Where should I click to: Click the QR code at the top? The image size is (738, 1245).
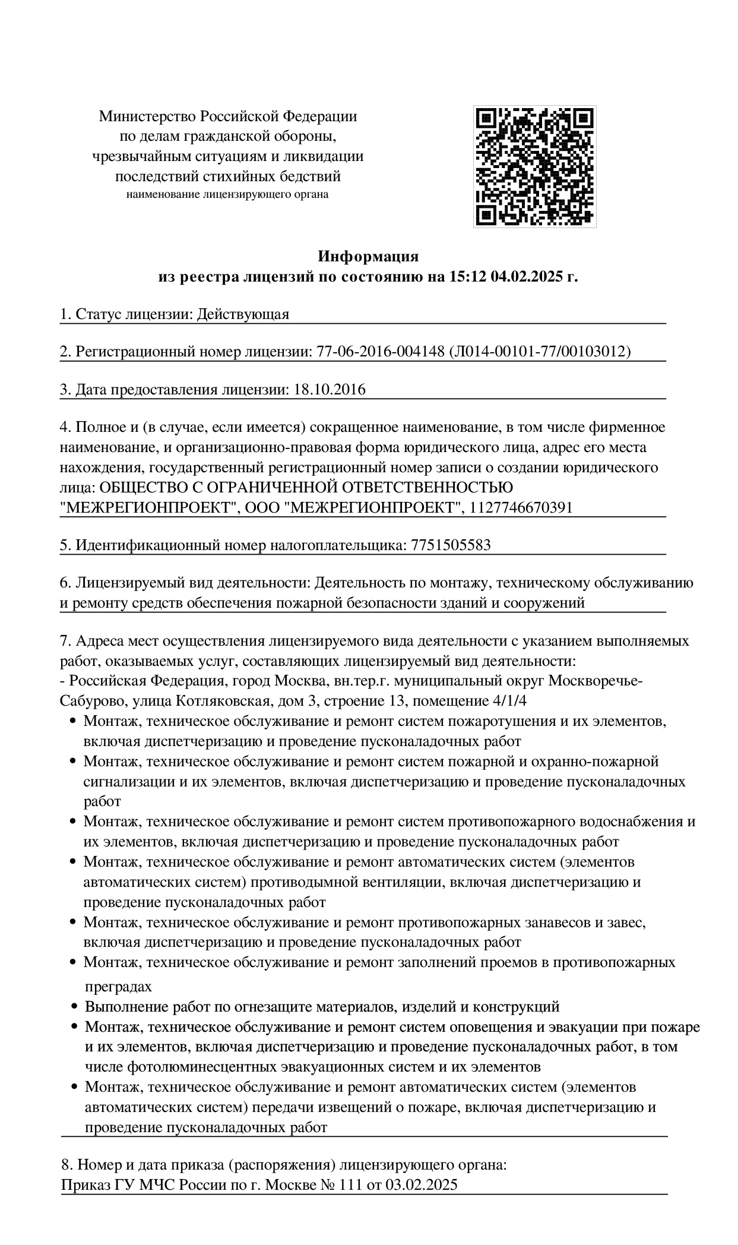(x=534, y=166)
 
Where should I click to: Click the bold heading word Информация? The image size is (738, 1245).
(x=368, y=257)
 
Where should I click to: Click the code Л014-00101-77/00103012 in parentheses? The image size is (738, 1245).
(x=540, y=352)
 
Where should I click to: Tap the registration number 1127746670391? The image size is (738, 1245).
(x=521, y=507)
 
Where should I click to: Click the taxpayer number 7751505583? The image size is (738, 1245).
(x=451, y=545)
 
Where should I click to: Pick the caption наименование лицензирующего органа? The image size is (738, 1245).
(x=227, y=194)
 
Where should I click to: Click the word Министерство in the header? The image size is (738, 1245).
(x=147, y=116)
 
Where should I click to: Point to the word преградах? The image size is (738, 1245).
(x=119, y=987)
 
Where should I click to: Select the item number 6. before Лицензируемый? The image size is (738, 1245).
(x=65, y=583)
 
